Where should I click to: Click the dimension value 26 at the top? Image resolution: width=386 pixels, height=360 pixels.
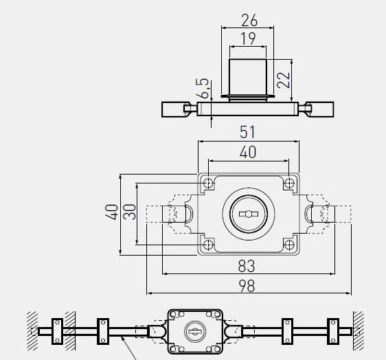(x=249, y=20)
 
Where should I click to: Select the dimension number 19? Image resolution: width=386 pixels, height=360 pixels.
(x=248, y=38)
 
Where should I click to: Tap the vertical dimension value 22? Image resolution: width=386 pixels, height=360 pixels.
(x=284, y=80)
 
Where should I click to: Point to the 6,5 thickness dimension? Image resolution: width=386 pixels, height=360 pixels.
(x=203, y=89)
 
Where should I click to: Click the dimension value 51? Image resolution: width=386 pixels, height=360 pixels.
(x=248, y=132)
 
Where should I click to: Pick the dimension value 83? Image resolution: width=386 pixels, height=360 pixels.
(x=247, y=266)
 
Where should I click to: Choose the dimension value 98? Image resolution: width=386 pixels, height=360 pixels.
(x=247, y=286)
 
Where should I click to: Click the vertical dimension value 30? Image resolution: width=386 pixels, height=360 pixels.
(x=130, y=212)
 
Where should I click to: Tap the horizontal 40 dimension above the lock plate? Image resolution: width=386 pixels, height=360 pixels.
(x=248, y=152)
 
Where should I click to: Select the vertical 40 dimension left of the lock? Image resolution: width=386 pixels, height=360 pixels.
(x=111, y=212)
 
